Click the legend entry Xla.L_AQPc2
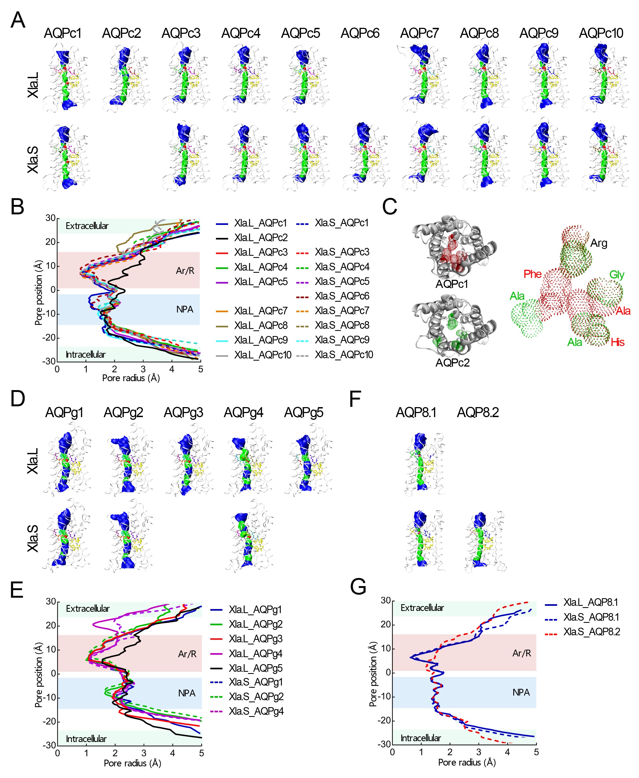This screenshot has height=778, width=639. (x=261, y=238)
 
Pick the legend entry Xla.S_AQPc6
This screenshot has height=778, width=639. (x=342, y=296)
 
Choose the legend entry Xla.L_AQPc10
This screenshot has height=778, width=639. (x=262, y=355)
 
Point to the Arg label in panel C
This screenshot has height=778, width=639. (x=598, y=243)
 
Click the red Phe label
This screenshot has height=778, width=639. (x=532, y=274)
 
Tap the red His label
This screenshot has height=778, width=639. (x=617, y=343)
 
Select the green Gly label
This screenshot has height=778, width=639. (x=617, y=275)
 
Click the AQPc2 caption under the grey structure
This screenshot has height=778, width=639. (x=452, y=363)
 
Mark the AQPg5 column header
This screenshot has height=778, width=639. (x=304, y=412)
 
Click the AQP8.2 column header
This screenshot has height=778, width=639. (x=477, y=412)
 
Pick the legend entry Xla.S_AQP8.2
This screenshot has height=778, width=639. (x=591, y=631)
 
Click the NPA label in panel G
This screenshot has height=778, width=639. (x=521, y=692)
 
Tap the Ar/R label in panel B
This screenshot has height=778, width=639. (x=185, y=271)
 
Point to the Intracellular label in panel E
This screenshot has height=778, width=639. (x=86, y=739)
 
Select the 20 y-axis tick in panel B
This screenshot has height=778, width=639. (x=50, y=242)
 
